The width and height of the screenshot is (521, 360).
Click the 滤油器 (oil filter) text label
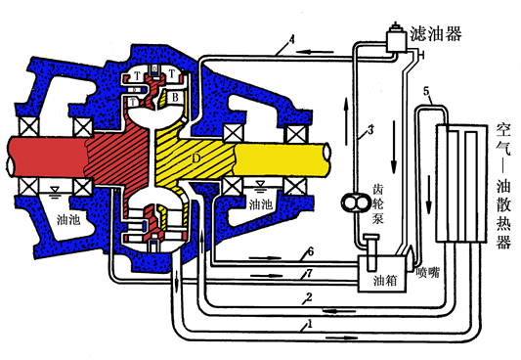point(435,33)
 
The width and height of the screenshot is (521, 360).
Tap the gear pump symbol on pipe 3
point(354,202)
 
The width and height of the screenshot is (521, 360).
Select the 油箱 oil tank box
point(382,274)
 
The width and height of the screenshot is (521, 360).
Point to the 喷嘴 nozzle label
point(427,273)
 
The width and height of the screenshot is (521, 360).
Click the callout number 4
point(291,39)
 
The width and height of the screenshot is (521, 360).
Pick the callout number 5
point(427,91)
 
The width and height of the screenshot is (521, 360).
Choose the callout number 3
point(370,130)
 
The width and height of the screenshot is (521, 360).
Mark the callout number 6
point(310,251)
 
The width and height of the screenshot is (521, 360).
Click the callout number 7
point(309,273)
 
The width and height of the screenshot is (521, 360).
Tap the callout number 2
point(309,296)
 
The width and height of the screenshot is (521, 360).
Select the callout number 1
point(310,324)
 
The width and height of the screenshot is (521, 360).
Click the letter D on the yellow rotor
point(196,158)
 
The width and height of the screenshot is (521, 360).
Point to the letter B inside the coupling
point(175,98)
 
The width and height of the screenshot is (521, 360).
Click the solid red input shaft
point(47,157)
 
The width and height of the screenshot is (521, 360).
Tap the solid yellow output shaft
point(282,158)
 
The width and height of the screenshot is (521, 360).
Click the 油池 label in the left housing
point(68,219)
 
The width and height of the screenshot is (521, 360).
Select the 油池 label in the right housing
point(260,204)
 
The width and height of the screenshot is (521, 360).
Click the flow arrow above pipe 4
point(315,52)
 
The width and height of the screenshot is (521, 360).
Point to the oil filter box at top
point(396,41)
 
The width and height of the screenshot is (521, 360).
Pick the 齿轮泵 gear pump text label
point(377,203)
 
